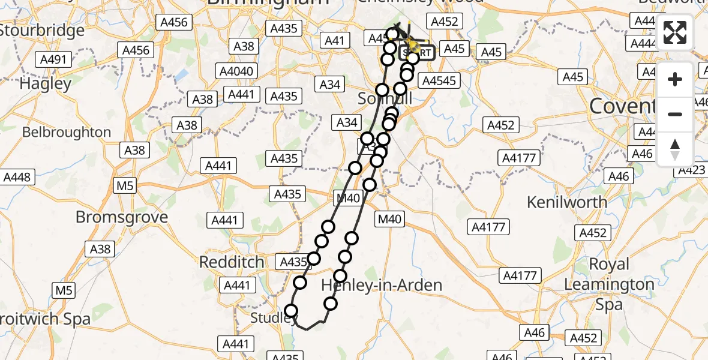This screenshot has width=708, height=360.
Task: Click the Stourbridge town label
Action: tap(42, 30)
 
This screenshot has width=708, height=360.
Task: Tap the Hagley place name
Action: tap(46, 83)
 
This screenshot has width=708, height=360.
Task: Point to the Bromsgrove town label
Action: tap(113, 217)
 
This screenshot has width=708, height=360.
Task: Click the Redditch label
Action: tap(231, 262)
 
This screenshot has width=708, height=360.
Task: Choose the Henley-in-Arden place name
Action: tap(382, 284)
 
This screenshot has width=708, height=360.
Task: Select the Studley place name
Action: tap(271, 317)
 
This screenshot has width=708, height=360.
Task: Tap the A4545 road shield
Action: tap(439, 80)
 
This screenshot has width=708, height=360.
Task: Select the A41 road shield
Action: tap(334, 41)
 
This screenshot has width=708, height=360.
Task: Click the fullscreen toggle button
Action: tap(675, 33)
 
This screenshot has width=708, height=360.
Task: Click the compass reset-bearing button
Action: tap(675, 149)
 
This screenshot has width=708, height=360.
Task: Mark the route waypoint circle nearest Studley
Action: tap(291, 310)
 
